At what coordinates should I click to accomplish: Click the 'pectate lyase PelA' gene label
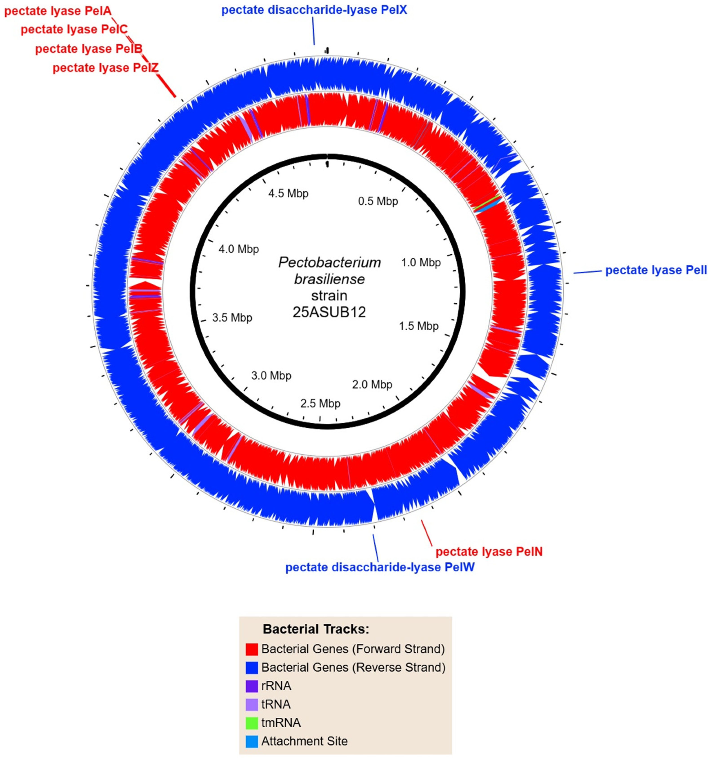point(58,11)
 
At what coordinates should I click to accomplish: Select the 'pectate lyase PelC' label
point(74,29)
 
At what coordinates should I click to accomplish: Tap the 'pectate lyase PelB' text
point(89,49)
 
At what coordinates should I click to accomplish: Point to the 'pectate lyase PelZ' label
point(105,68)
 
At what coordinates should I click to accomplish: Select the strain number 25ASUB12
point(329,312)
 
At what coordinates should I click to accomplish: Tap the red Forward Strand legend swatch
point(252,649)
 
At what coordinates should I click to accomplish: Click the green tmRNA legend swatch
point(252,723)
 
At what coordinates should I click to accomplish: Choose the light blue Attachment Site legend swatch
point(252,741)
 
